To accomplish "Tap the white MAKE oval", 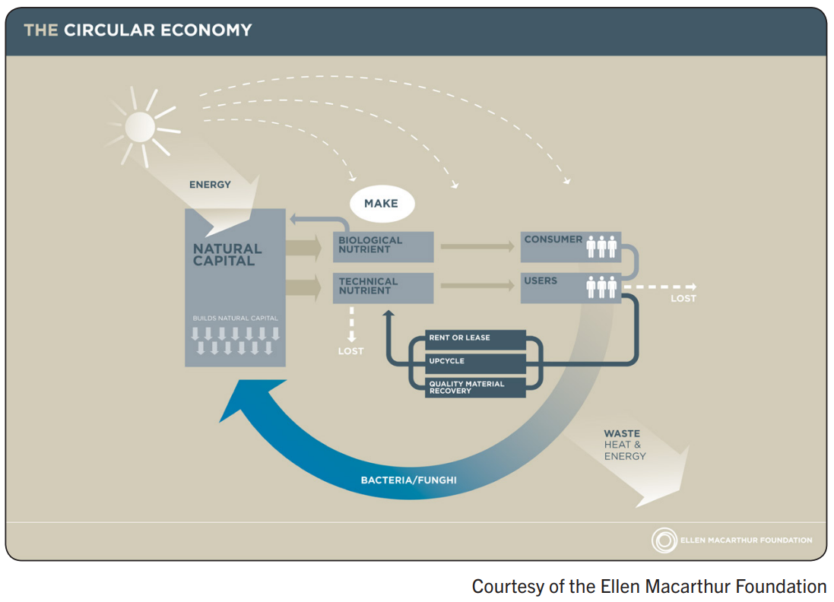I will click(x=382, y=204).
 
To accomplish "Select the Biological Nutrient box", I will click(x=383, y=246).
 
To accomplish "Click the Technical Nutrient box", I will click(x=383, y=287).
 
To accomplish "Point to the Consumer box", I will click(x=570, y=246).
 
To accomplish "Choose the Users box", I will click(x=570, y=287).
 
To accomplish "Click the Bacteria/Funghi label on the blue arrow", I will click(x=408, y=480).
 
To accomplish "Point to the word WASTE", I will click(x=622, y=434).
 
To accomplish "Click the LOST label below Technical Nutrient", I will click(x=351, y=351).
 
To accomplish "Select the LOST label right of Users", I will click(x=683, y=299).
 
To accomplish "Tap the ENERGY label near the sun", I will click(x=210, y=185).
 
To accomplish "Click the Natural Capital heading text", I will click(x=227, y=254).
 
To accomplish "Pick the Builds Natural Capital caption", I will click(x=235, y=318).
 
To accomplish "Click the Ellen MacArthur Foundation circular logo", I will click(x=664, y=540).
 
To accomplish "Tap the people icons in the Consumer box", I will click(x=601, y=246).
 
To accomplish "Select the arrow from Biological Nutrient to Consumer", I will click(x=477, y=246).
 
